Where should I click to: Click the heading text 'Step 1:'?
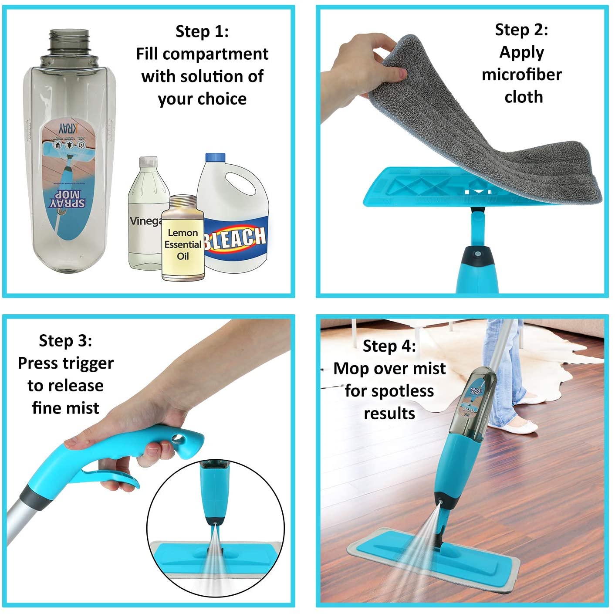coord(202,31)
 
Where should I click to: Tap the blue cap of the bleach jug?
coord(215,158)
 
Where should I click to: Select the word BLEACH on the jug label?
coord(235,238)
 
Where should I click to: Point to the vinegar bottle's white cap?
coord(148,162)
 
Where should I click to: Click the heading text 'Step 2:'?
coord(521,30)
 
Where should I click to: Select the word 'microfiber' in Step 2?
coord(521,75)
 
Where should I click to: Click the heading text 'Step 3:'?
coord(65,340)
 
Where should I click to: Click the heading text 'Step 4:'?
coord(389,346)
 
